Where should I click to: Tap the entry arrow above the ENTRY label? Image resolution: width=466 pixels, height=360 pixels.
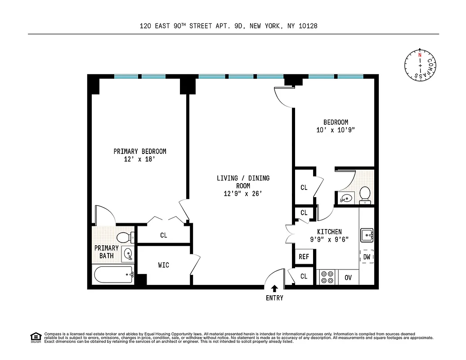(274, 289)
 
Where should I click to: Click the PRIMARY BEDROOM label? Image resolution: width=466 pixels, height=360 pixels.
(139, 151)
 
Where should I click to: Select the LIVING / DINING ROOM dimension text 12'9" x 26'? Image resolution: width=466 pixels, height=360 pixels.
(243, 193)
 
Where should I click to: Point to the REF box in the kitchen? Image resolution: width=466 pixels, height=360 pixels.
(304, 257)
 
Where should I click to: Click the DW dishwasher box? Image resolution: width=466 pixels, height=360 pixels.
(367, 256)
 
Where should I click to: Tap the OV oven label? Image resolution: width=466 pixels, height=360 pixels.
(348, 277)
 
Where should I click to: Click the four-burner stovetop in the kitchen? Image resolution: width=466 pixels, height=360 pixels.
(327, 277)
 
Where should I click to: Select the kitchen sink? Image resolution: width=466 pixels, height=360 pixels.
(367, 234)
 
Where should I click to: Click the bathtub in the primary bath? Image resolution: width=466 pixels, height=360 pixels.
(113, 274)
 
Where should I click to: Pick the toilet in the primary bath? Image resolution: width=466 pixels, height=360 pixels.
(124, 237)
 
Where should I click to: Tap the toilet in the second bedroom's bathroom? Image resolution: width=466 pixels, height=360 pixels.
(365, 194)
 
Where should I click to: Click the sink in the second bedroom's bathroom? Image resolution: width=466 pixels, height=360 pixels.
(345, 198)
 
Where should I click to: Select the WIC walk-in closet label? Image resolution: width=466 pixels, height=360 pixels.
(164, 265)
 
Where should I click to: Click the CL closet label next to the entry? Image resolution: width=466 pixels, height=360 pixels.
(304, 276)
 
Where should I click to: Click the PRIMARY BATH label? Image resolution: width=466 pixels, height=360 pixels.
(107, 252)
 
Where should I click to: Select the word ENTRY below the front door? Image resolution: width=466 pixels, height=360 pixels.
(274, 298)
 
